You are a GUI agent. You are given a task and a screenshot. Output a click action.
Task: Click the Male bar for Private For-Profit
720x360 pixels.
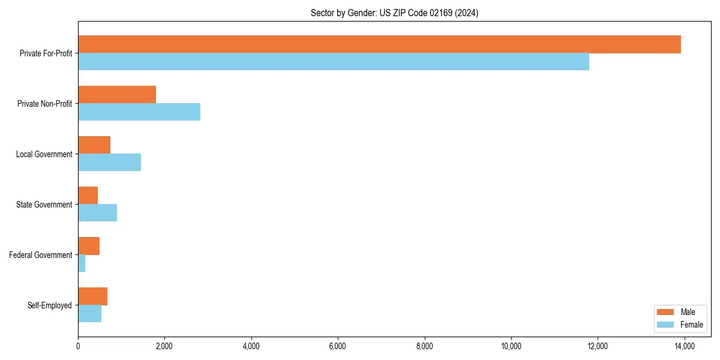pos(379,44)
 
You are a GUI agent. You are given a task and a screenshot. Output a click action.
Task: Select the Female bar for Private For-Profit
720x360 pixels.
pos(334,62)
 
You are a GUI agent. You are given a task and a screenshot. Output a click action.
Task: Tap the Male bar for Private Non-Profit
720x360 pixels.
pos(117,95)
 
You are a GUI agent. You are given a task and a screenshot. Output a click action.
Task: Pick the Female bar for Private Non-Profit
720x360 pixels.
pos(139,112)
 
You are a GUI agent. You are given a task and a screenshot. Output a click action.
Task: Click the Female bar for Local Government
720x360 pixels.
pos(110,163)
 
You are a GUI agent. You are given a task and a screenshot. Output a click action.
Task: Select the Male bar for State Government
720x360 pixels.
pos(88,196)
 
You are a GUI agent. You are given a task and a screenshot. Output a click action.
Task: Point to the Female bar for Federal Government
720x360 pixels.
pos(82,263)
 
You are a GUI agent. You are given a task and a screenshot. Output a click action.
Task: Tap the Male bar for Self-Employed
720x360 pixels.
pos(93,296)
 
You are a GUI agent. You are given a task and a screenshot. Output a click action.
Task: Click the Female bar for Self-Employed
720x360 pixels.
pos(90,314)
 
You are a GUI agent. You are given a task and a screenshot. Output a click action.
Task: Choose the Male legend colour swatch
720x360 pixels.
pos(666,312)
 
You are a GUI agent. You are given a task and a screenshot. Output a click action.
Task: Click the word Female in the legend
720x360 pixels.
pos(691,325)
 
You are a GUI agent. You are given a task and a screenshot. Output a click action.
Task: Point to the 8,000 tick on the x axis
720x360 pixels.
pos(425,346)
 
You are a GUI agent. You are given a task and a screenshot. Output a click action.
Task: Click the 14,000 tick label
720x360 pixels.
pos(685,346)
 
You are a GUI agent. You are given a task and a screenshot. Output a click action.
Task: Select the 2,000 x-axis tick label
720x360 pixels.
pos(164,346)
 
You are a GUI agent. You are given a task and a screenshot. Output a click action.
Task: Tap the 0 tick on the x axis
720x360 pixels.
pos(78,346)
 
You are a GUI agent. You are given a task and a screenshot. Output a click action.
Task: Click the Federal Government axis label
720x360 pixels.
pos(41,255)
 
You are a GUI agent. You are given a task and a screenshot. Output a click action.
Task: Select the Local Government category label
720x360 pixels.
pos(44,154)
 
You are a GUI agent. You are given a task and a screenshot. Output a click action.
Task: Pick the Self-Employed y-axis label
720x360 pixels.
pos(50,305)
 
